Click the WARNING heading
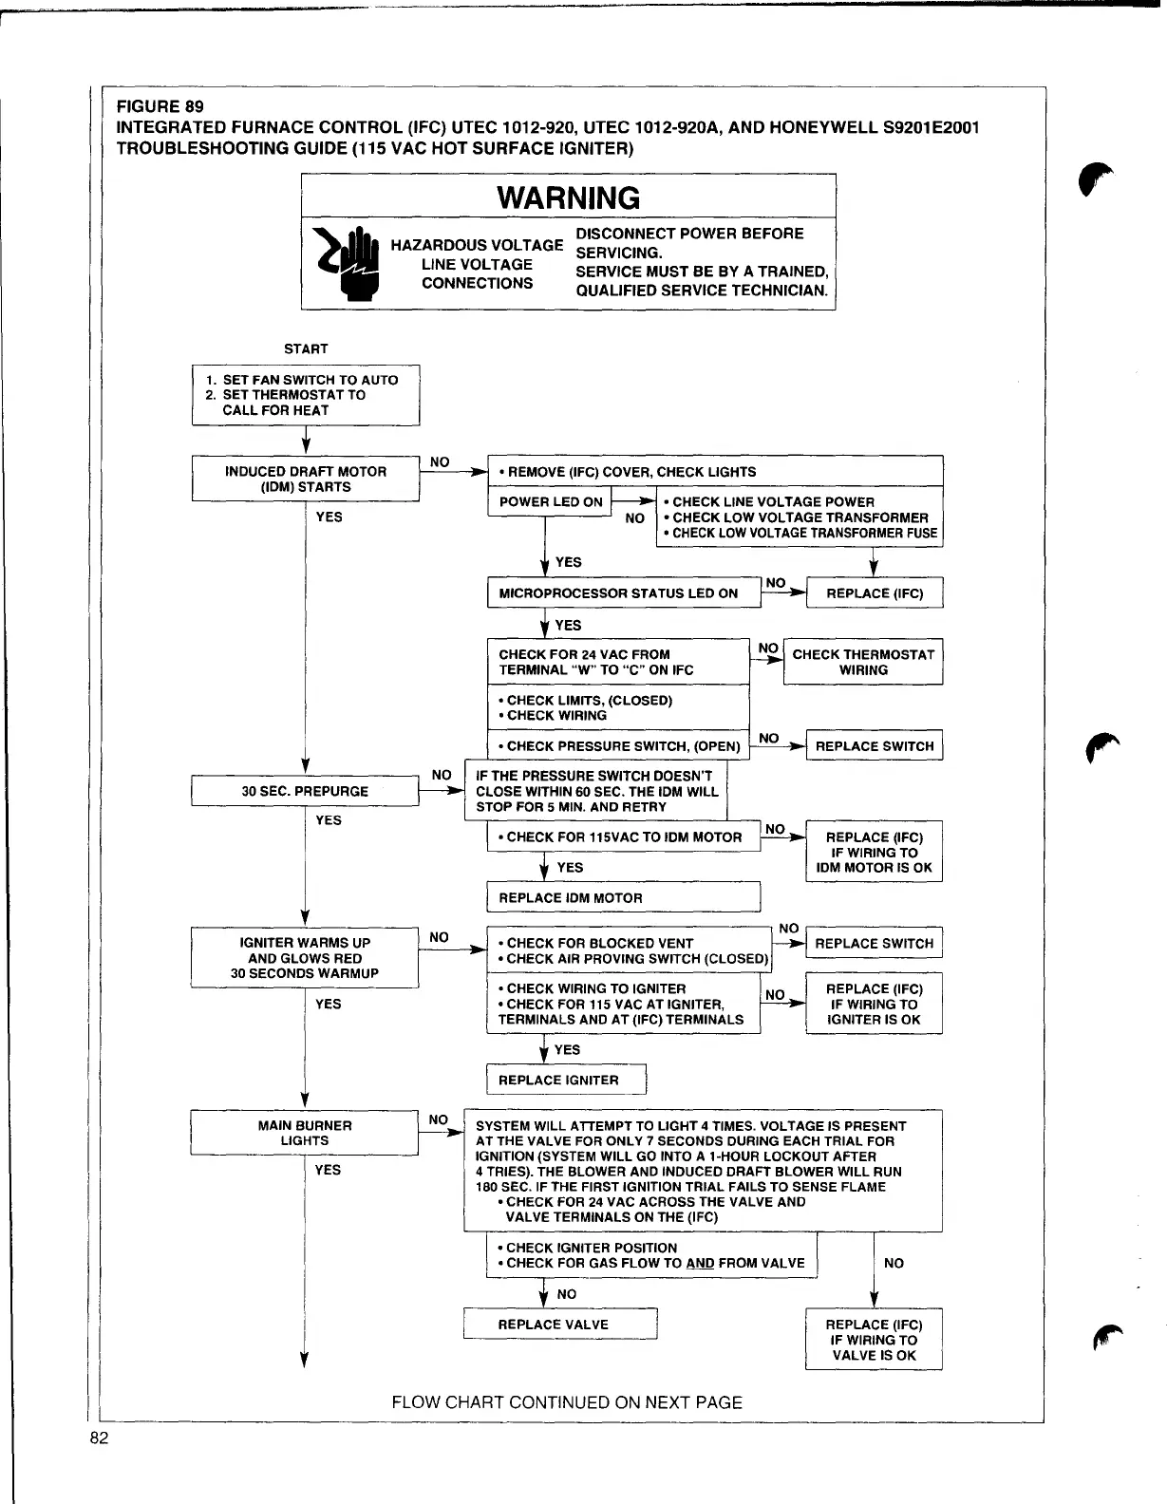(568, 197)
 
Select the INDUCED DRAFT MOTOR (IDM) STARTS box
(306, 479)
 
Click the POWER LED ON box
(551, 501)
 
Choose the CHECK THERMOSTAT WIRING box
(863, 662)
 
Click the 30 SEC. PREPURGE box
(305, 791)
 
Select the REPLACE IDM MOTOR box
(624, 897)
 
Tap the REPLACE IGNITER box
(567, 1080)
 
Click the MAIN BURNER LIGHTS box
(305, 1133)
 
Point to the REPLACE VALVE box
(560, 1324)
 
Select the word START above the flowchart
(306, 348)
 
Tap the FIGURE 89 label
(160, 106)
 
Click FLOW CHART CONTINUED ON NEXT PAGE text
(567, 1402)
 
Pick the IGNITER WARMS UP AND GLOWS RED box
(305, 957)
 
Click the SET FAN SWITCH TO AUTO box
(306, 395)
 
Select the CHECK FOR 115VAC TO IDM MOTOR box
(624, 837)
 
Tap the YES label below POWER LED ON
(568, 562)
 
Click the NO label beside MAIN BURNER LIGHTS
(438, 1119)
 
